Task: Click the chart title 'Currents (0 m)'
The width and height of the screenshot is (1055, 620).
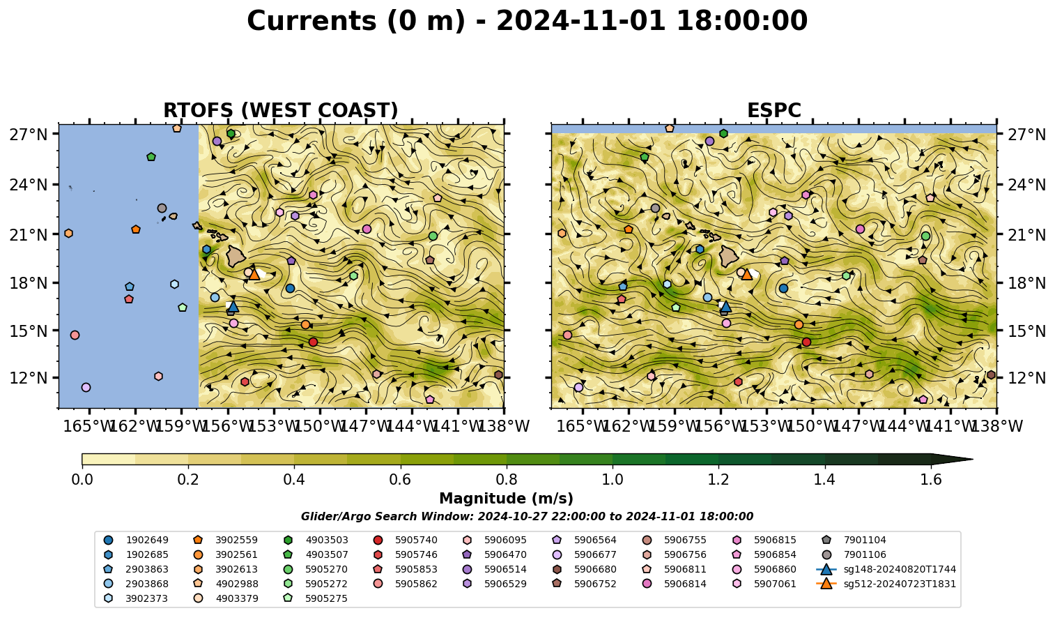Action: pyautogui.click(x=356, y=22)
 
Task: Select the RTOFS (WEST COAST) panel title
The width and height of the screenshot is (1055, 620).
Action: pyautogui.click(x=281, y=110)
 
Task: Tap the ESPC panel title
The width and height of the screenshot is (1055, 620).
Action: pyautogui.click(x=773, y=110)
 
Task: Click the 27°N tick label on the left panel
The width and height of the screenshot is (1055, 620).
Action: pyautogui.click(x=29, y=135)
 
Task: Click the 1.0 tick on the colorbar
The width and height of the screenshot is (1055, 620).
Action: pyautogui.click(x=613, y=480)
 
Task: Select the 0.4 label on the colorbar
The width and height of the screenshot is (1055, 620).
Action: pyautogui.click(x=294, y=480)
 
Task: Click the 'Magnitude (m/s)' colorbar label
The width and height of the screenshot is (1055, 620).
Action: pyautogui.click(x=506, y=499)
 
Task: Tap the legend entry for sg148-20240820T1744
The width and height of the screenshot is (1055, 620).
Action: pyautogui.click(x=886, y=569)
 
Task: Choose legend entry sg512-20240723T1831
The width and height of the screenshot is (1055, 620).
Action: pyautogui.click(x=886, y=584)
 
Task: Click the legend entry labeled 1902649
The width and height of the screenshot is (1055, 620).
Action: pyautogui.click(x=136, y=540)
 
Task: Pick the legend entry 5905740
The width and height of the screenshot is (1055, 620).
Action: pyautogui.click(x=405, y=540)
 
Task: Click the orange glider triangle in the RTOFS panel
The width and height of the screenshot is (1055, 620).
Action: pyautogui.click(x=254, y=275)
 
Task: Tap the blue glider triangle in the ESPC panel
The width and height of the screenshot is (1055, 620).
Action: pyautogui.click(x=726, y=307)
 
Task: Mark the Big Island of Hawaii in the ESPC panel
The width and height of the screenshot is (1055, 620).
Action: pyautogui.click(x=729, y=256)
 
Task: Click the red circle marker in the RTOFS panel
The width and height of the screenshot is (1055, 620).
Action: pyautogui.click(x=313, y=342)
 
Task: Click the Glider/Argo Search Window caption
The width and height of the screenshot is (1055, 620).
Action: pyautogui.click(x=527, y=516)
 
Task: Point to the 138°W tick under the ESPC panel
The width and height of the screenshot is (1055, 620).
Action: pyautogui.click(x=996, y=426)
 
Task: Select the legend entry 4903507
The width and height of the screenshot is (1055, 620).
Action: pyautogui.click(x=316, y=554)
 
